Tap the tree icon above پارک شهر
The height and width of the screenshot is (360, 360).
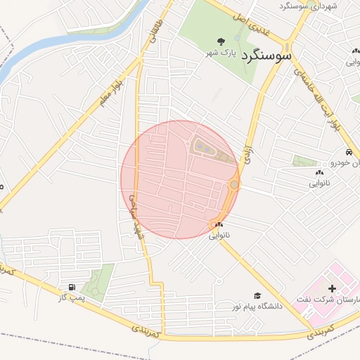pyautogui.click(x=221, y=41)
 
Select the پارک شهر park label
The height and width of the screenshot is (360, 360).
pyautogui.click(x=221, y=53)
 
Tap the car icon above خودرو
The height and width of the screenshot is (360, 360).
pyautogui.click(x=349, y=152)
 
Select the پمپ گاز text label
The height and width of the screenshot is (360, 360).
pyautogui.click(x=71, y=299)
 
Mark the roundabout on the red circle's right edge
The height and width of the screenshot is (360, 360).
pyautogui.click(x=233, y=185)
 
